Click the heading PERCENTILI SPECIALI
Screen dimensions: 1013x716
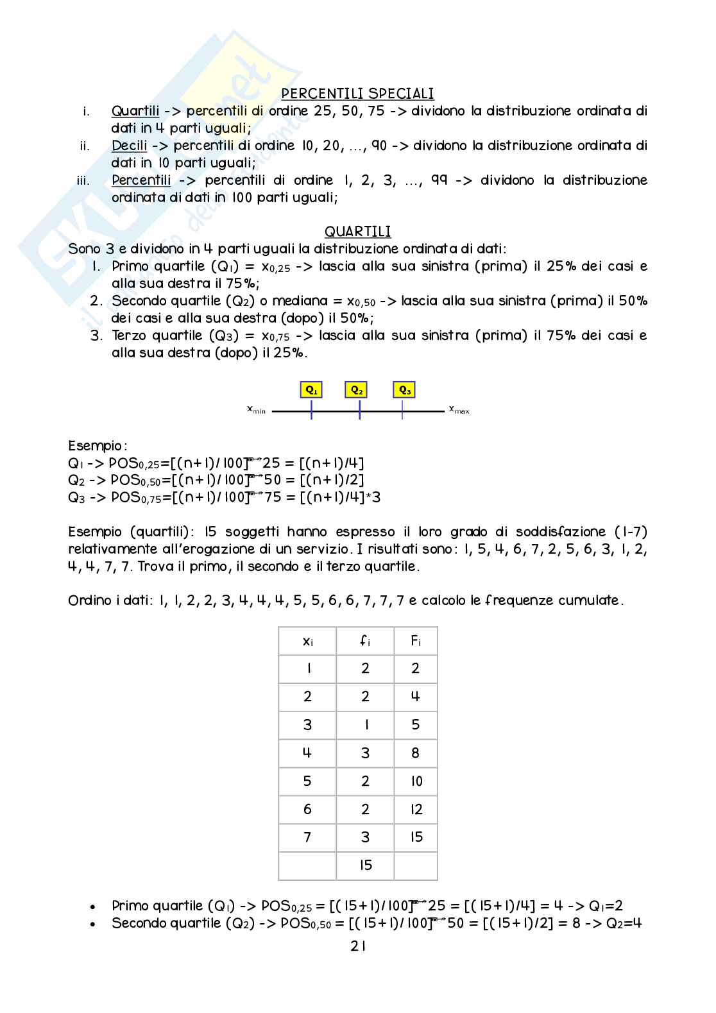[x=357, y=94]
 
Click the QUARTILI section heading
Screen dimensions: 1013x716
[x=357, y=232]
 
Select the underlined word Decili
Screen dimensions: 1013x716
[x=129, y=146]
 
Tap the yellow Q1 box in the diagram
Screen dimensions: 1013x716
[x=311, y=389]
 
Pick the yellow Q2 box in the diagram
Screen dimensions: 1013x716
[x=357, y=389]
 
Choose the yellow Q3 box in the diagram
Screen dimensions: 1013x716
[x=405, y=389]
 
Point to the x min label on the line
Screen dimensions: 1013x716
[x=257, y=409]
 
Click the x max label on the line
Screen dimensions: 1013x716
[x=459, y=409]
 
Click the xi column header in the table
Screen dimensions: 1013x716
[x=307, y=641]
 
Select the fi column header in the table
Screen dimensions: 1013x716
[x=365, y=641]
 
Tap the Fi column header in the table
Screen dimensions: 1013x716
[x=416, y=641]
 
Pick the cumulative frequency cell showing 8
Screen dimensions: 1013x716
[x=416, y=753]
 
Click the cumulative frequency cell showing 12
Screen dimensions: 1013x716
[x=416, y=810]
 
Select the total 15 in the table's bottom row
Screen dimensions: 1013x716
[x=366, y=865]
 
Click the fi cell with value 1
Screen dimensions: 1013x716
[x=366, y=725]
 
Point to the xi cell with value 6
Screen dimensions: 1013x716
[x=307, y=810]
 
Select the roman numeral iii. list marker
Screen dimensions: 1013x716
[x=83, y=180]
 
